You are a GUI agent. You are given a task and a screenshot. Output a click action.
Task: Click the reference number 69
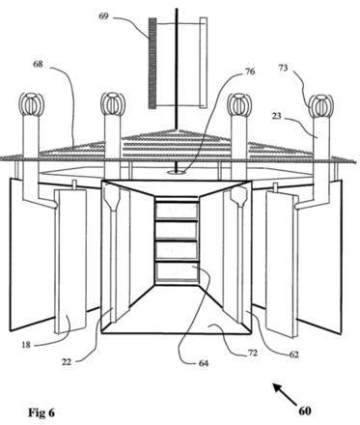click(x=103, y=15)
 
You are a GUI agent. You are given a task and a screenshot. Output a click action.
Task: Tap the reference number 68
click(x=38, y=64)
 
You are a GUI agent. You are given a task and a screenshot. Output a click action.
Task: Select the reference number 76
click(x=250, y=71)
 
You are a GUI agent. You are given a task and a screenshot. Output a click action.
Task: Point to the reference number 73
click(x=283, y=68)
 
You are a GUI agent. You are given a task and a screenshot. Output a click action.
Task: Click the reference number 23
click(x=276, y=116)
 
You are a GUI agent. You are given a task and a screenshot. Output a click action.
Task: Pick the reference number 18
click(x=26, y=345)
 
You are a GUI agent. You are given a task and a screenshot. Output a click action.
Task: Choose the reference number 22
click(x=67, y=362)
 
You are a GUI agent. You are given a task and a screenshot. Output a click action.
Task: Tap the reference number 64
click(x=204, y=363)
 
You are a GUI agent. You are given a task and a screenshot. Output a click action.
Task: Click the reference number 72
click(x=253, y=353)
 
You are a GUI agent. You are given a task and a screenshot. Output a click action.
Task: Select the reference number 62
click(x=294, y=354)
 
